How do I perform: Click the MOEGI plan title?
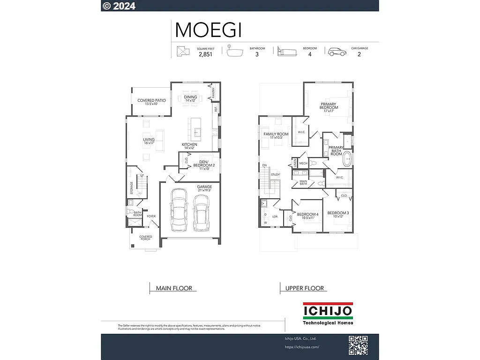[208, 30]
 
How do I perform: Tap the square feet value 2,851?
[205, 54]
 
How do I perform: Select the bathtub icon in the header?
[235, 51]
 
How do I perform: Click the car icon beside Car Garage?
[337, 52]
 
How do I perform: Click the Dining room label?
[190, 98]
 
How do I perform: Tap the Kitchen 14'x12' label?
[189, 146]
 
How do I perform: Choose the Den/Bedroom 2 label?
[204, 164]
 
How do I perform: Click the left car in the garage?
[179, 210]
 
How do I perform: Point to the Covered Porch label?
[145, 238]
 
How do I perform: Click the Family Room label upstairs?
[276, 135]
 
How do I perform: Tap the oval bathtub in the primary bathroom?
[347, 159]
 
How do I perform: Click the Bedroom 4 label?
[307, 216]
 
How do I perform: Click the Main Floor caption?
[171, 288]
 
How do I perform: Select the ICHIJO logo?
[328, 314]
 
